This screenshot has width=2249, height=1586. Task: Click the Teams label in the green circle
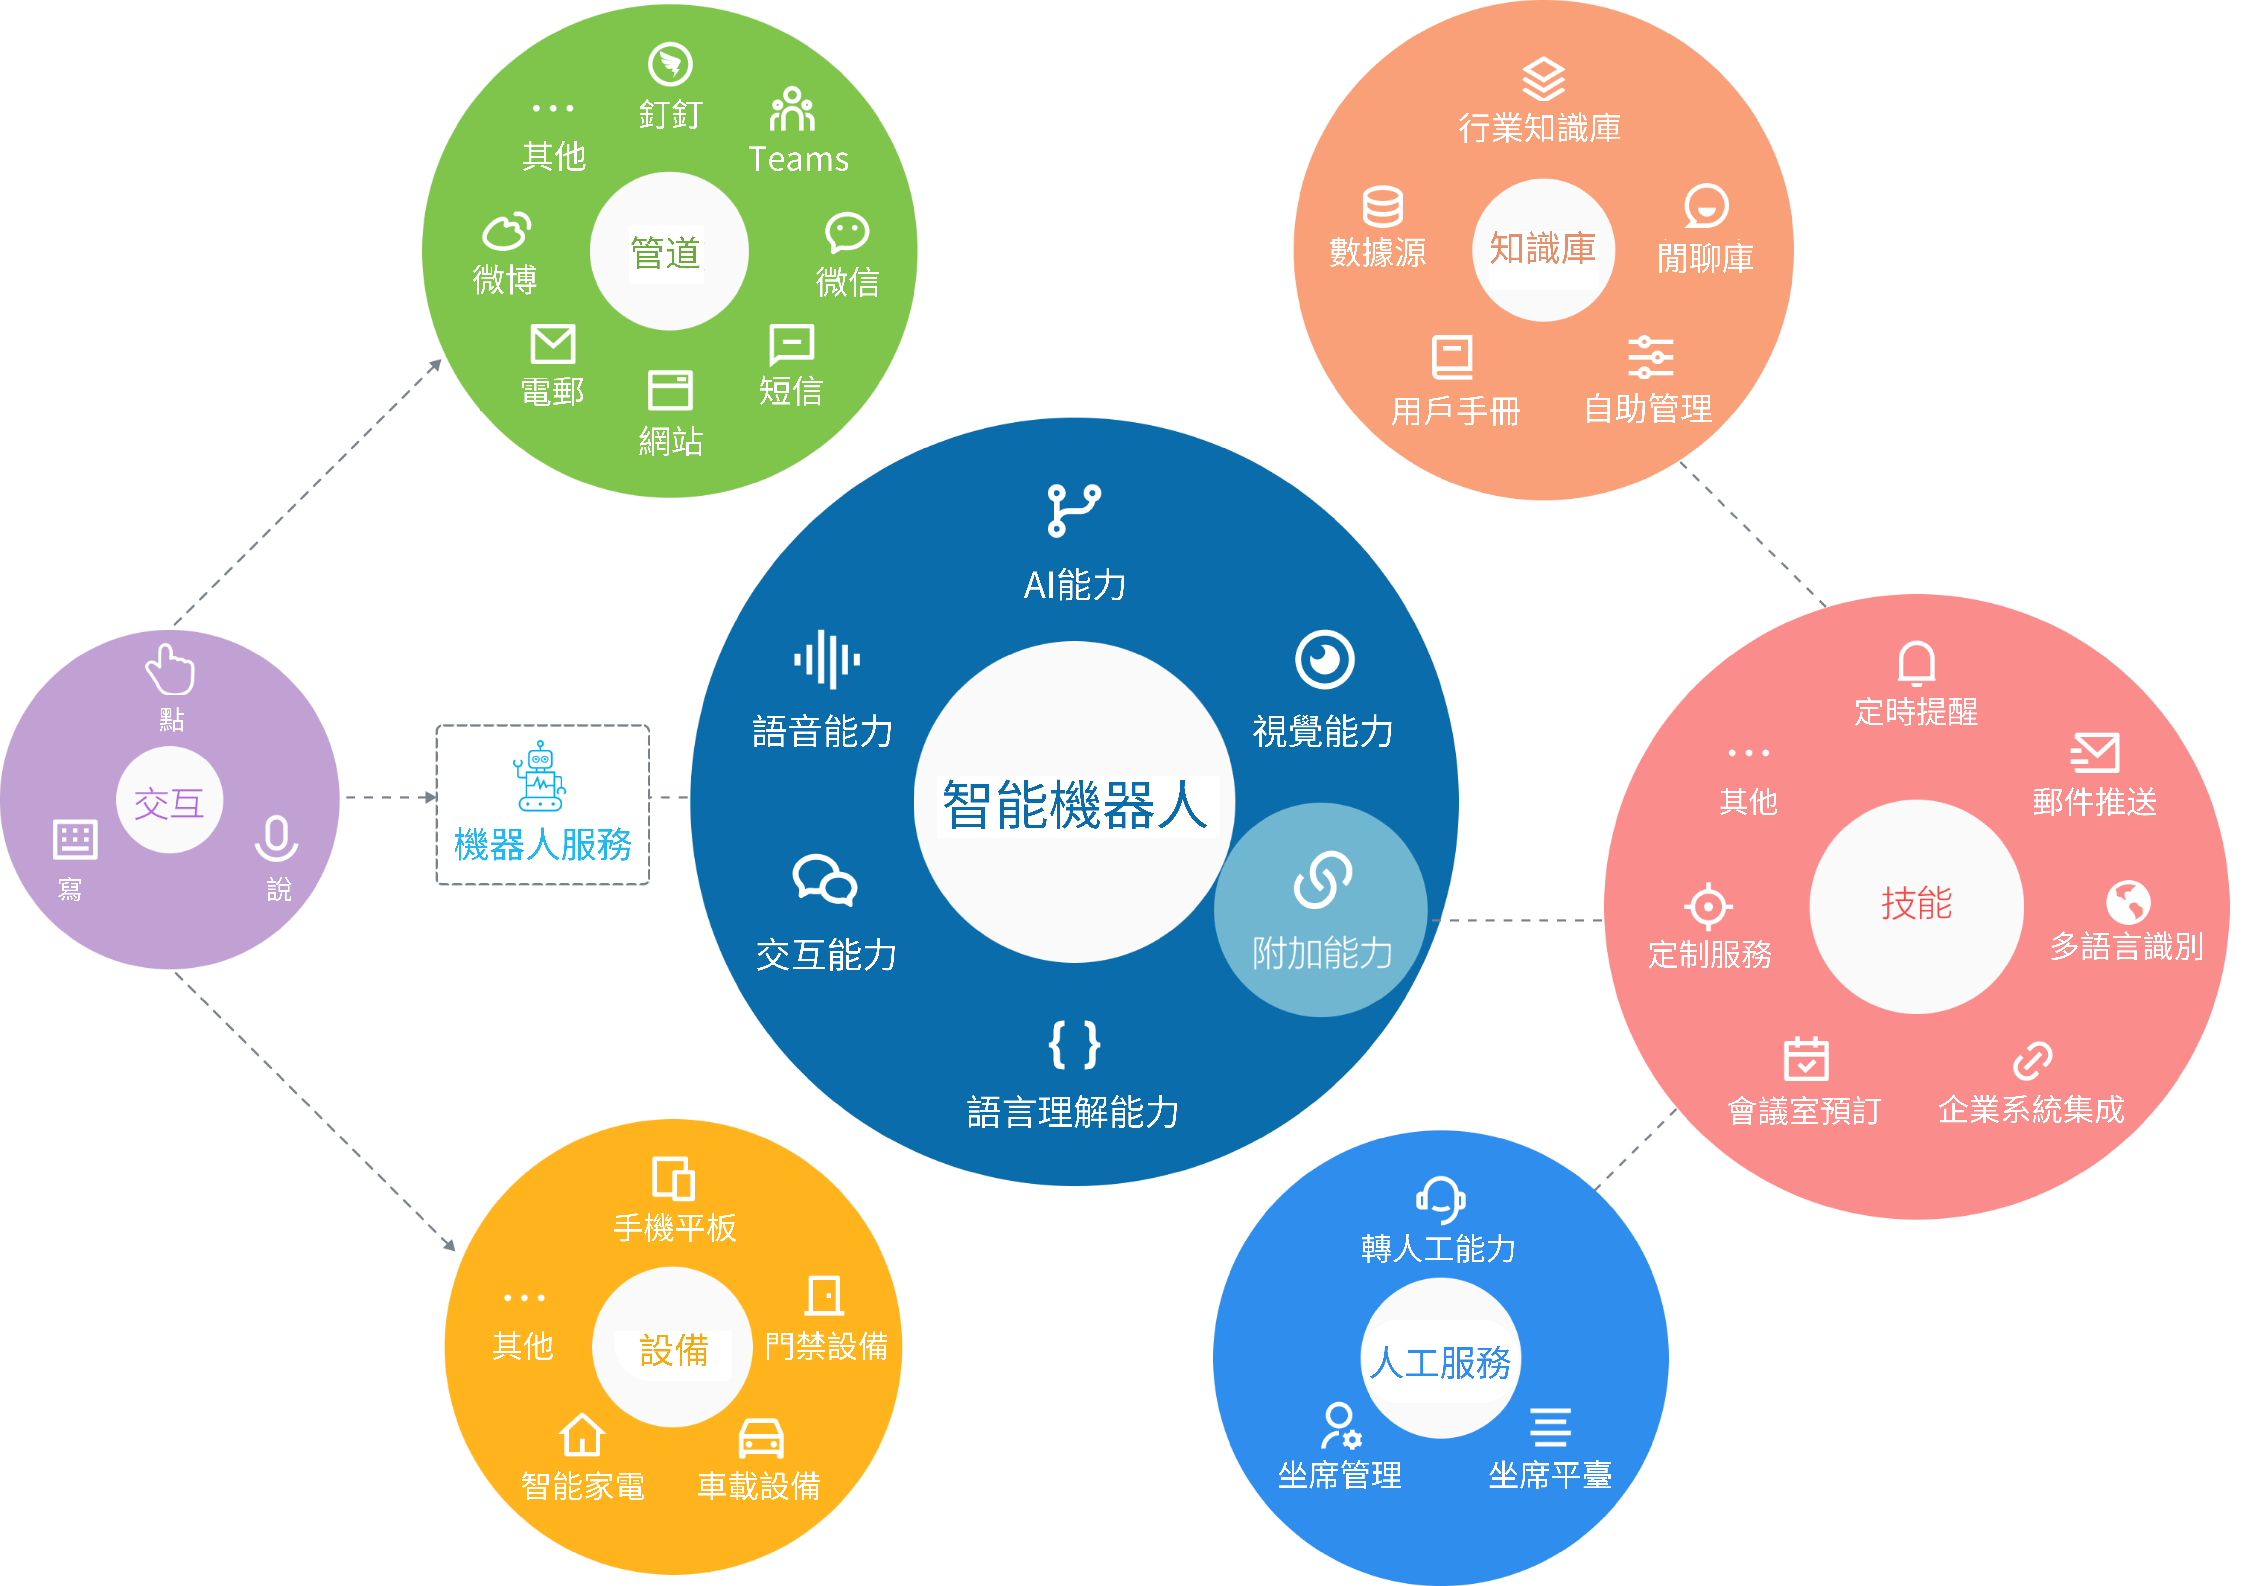(798, 159)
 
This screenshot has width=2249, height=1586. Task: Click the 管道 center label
(666, 253)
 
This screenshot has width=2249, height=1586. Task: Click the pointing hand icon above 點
(171, 669)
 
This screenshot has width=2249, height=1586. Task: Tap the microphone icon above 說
(276, 839)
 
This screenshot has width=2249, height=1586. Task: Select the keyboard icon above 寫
(74, 839)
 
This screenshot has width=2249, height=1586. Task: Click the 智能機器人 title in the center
(1075, 805)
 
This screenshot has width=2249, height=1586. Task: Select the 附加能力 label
(1322, 952)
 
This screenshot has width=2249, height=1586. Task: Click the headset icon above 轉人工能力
(1440, 1200)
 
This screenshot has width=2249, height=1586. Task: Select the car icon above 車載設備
(761, 1438)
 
